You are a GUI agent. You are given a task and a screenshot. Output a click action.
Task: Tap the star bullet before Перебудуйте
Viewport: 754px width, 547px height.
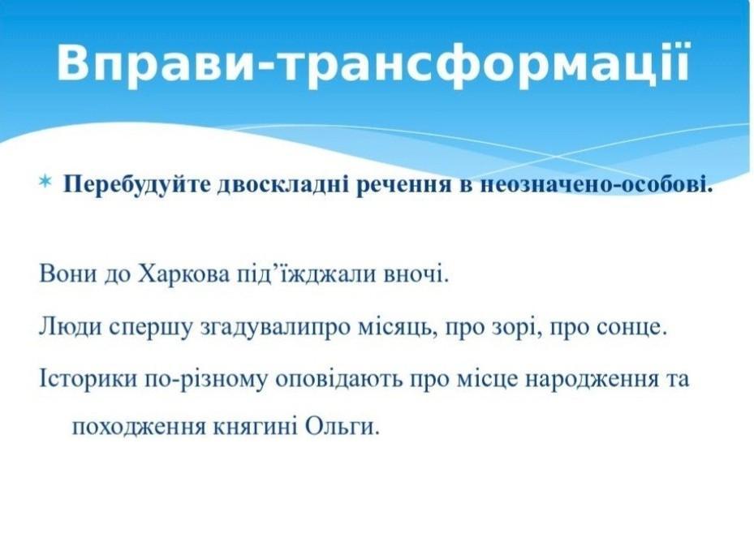click(x=45, y=181)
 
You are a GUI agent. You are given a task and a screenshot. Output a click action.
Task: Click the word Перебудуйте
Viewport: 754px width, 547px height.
click(x=136, y=184)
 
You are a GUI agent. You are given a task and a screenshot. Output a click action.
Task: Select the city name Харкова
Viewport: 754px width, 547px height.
click(x=183, y=275)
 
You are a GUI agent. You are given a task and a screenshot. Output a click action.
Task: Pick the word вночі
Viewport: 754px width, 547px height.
click(x=416, y=275)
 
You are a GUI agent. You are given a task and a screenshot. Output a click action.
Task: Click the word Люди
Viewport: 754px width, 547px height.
click(x=71, y=327)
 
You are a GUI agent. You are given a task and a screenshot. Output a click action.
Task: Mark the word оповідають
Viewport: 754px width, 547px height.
click(x=339, y=380)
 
